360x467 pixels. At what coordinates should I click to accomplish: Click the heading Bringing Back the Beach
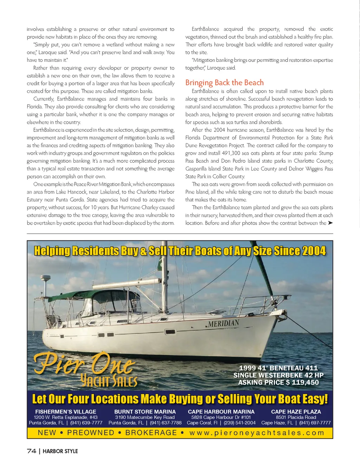coord(224,83)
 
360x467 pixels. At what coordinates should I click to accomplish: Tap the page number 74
coord(31,451)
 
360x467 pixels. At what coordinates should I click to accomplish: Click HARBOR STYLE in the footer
coord(60,451)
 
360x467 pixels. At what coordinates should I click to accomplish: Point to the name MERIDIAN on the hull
coord(224,323)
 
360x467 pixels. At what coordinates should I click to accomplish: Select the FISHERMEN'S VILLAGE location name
coord(66,411)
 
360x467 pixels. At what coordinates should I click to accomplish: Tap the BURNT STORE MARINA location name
coord(145,411)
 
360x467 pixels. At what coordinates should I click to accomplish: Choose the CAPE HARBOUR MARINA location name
coord(221,411)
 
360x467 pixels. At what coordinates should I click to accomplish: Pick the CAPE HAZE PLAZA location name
coord(296,411)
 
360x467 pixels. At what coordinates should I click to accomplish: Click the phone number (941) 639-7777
coord(86,423)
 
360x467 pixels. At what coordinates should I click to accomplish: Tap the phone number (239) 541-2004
coord(240,423)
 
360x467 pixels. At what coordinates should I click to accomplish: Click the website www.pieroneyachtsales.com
coord(257,433)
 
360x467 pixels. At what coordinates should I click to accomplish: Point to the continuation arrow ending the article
coord(330,223)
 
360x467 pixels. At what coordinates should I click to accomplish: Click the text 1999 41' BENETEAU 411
coord(278,368)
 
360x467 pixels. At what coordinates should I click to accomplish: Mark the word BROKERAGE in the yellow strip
coord(151,433)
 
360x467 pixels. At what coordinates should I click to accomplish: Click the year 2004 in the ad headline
coord(314,251)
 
